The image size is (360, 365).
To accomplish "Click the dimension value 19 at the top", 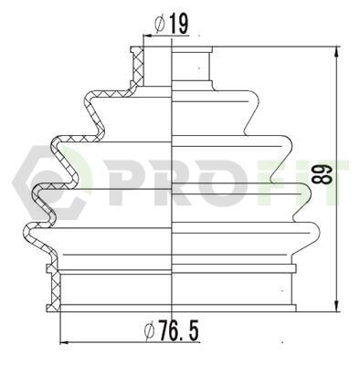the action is click(x=178, y=24).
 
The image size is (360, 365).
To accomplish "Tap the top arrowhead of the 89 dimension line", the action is click(x=336, y=52).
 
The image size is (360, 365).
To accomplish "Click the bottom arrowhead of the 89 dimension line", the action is click(x=336, y=306).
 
